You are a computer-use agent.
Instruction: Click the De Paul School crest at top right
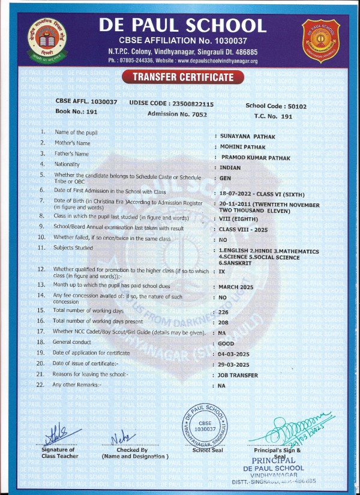pos(320,40)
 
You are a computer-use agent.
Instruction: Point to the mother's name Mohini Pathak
pos(242,146)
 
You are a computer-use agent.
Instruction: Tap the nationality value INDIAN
pos(230,168)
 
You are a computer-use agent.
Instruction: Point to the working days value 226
pos(224,311)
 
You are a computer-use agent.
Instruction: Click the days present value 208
pos(224,322)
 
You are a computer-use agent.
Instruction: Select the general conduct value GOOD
pos(226,343)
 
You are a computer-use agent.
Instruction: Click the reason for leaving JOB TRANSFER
pos(238,375)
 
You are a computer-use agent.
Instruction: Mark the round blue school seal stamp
pos(205,425)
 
